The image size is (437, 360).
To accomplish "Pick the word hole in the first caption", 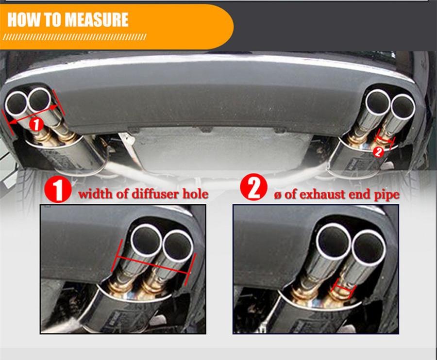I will point(195,195).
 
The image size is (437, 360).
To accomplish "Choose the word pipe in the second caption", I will point(387,195).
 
